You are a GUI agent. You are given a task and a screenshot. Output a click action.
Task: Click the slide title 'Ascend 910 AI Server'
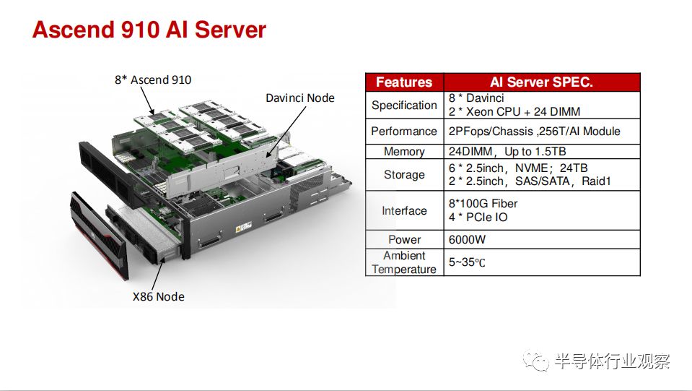click(149, 30)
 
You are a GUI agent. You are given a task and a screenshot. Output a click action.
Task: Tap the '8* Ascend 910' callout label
click(153, 80)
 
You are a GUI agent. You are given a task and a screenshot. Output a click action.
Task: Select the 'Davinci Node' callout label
click(300, 98)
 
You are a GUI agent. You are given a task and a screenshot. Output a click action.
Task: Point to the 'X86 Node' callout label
click(159, 296)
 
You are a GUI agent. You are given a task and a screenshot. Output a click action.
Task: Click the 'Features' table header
click(404, 82)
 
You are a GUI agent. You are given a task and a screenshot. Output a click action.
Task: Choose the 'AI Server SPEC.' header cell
click(541, 82)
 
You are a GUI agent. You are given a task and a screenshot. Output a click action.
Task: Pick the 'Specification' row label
click(404, 105)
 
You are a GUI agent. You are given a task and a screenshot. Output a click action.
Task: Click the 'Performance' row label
click(404, 132)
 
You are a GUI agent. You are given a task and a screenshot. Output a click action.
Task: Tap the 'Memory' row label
click(404, 152)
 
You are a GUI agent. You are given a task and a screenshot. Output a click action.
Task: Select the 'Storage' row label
click(404, 174)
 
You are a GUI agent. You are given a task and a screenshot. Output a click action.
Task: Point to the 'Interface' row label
click(404, 211)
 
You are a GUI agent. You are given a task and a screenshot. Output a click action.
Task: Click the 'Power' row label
click(404, 239)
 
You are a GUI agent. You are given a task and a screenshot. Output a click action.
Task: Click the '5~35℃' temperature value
click(467, 262)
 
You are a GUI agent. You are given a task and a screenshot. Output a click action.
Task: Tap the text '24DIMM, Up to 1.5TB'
click(507, 152)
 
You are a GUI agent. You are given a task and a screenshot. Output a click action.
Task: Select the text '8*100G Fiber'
click(483, 204)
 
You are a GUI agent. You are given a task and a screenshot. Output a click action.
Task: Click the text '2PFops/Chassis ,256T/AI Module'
click(535, 132)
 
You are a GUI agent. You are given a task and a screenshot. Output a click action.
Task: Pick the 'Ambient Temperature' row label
click(404, 262)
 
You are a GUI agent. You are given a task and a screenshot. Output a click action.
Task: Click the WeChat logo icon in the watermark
click(535, 361)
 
